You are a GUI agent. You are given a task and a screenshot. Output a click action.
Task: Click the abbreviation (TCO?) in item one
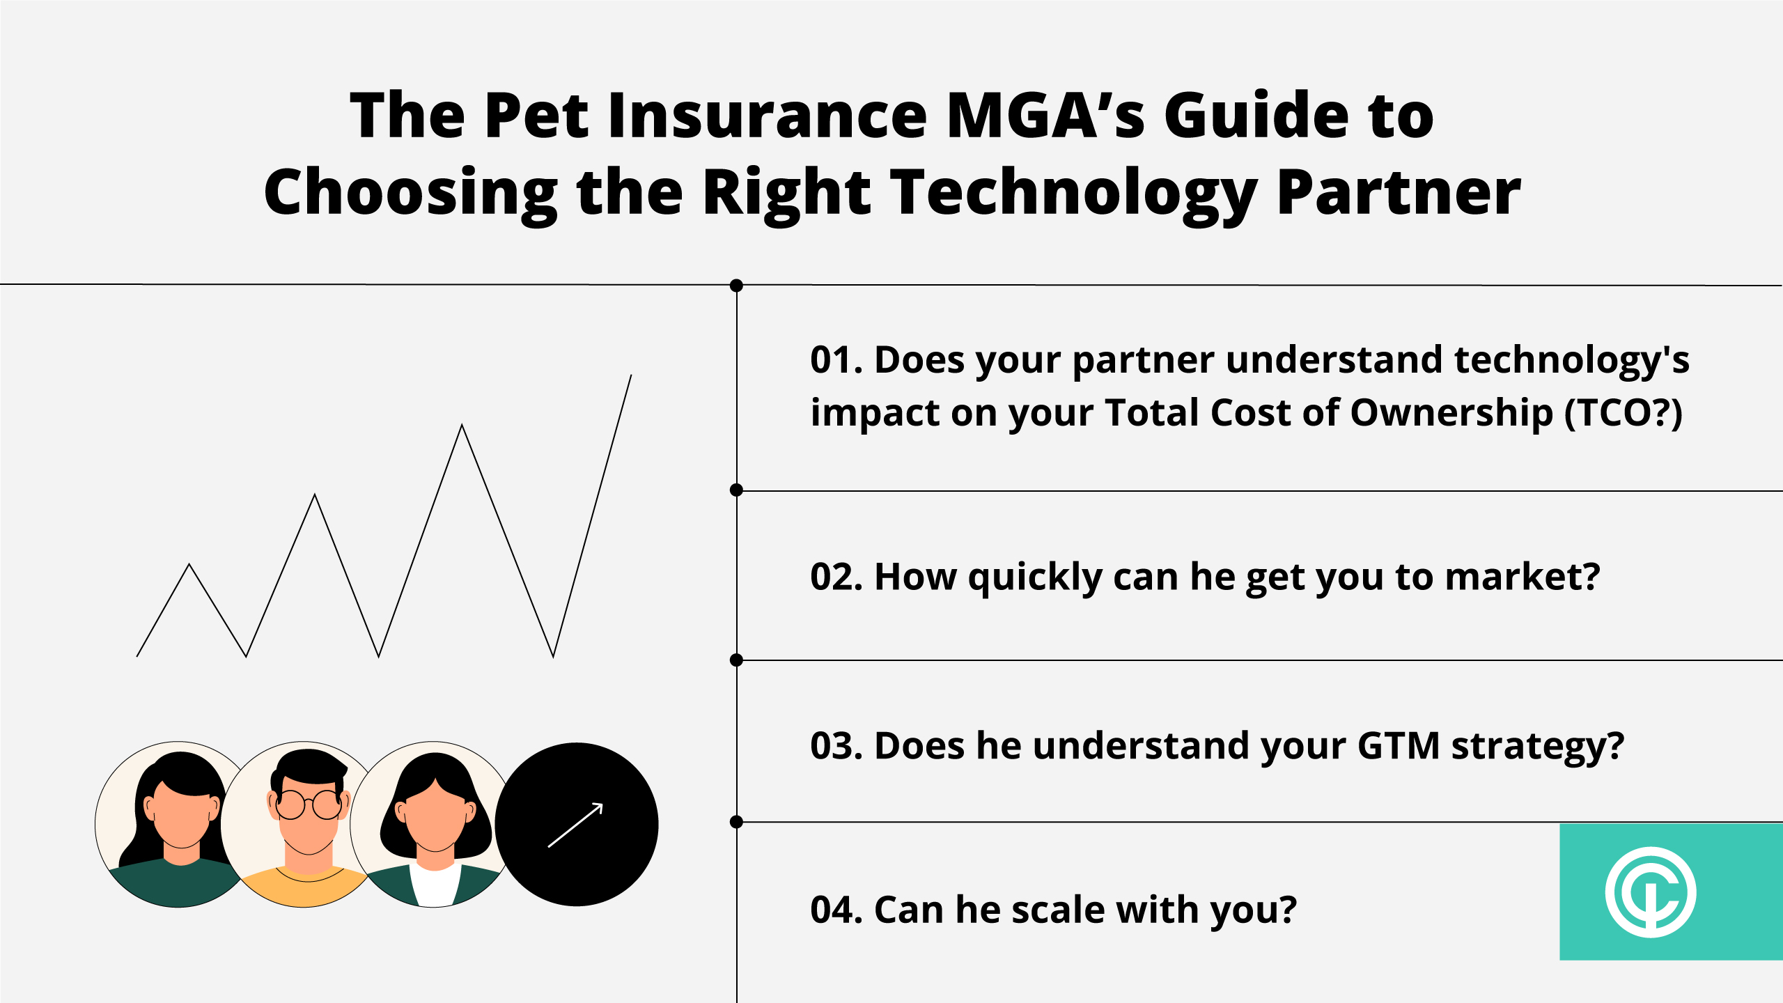pos(1624,414)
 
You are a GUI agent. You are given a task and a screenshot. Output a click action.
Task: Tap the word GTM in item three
pos(1399,746)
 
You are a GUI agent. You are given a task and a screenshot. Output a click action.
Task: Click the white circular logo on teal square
pos(1651,892)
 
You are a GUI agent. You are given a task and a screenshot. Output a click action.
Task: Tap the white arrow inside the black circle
pos(575,825)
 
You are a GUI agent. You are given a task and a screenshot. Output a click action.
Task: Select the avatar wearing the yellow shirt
pos(304,824)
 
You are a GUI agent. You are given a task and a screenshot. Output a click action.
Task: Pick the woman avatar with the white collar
pos(433,824)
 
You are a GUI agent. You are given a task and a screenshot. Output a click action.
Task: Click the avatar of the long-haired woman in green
pos(178,824)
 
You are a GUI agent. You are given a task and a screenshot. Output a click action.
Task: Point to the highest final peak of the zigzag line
pos(631,375)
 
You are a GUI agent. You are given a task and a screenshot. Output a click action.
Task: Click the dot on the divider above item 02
pos(736,490)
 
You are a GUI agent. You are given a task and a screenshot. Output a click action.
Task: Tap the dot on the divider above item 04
pos(736,823)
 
